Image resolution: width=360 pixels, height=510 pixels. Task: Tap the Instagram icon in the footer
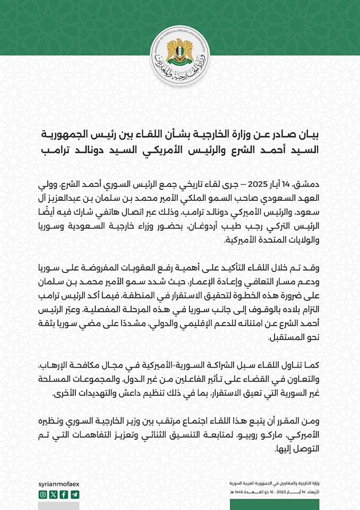pos(43,494)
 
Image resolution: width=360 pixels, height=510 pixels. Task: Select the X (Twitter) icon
pos(53,494)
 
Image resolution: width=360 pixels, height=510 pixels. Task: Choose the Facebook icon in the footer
pos(64,494)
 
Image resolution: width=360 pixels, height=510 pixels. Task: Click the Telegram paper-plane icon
pos(74,494)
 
